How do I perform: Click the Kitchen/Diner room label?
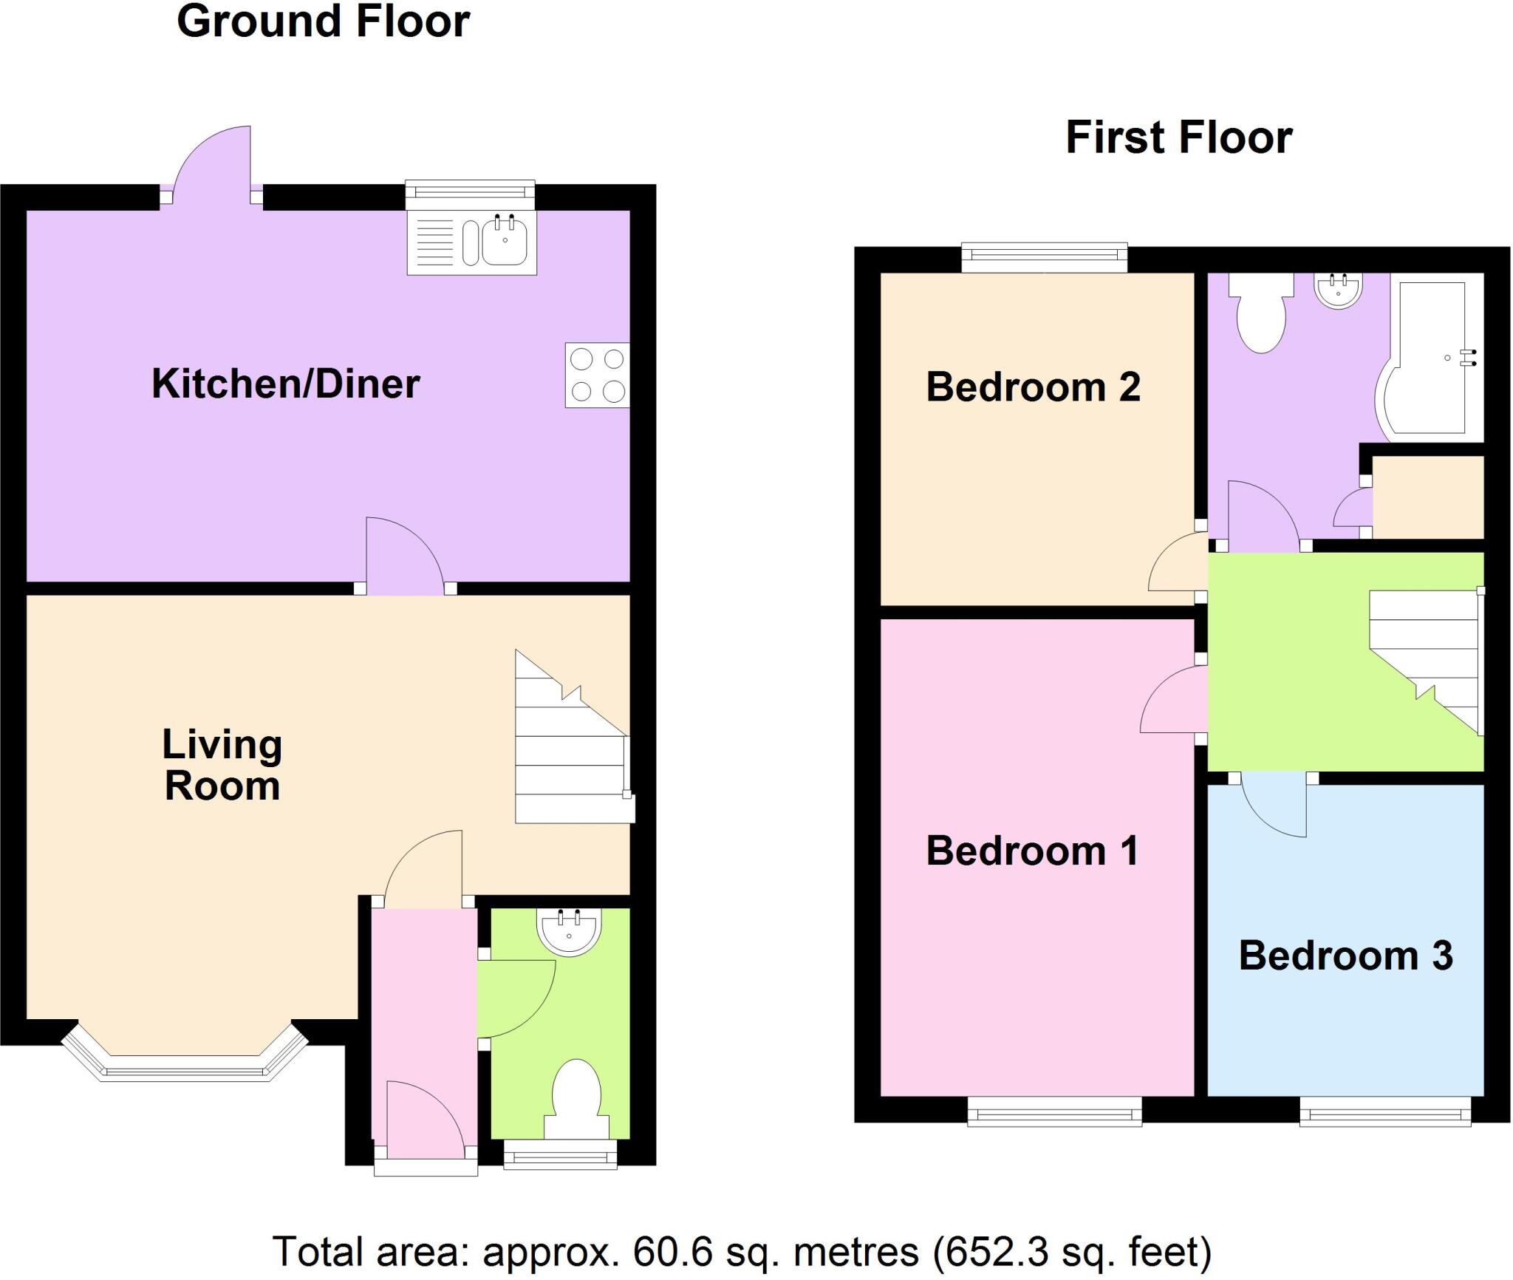285,384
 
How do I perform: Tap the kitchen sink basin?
505,240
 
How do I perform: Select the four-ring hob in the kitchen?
597,375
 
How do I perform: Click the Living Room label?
222,765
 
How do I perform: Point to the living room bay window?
185,1064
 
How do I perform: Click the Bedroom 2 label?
1033,387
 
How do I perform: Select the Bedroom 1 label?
1032,851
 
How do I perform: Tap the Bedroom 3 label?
1345,956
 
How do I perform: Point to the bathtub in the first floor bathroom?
1430,358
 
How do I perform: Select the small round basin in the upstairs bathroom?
1338,290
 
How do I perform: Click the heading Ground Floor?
323,21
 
